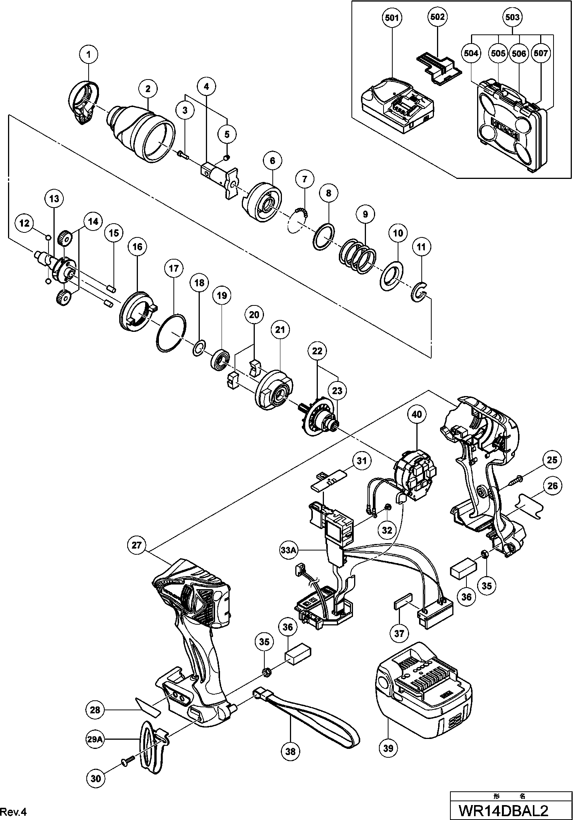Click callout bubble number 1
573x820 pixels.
pyautogui.click(x=89, y=55)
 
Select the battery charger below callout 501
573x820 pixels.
pyautogui.click(x=398, y=106)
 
